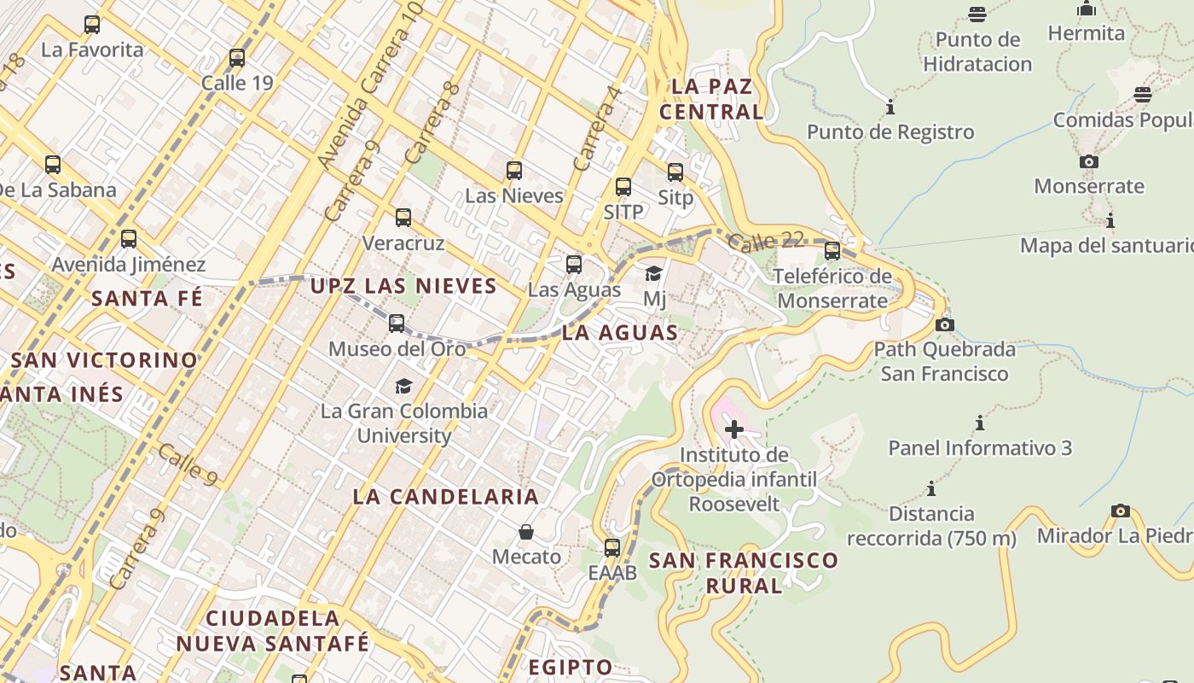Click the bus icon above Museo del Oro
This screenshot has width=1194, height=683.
[x=397, y=324]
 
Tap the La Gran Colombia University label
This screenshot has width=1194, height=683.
[x=404, y=423]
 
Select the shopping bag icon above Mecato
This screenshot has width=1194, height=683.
[x=526, y=533]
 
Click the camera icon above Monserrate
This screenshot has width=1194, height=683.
[x=1089, y=161]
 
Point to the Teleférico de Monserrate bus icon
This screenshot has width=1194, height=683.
[x=832, y=251]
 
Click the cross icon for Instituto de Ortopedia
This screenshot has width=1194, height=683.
[x=733, y=429]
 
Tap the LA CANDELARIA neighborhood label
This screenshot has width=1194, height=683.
[x=446, y=497]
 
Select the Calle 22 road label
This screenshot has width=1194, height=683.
[x=767, y=242]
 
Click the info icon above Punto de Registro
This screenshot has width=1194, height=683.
[x=890, y=108]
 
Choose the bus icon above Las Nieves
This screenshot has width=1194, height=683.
[x=513, y=171]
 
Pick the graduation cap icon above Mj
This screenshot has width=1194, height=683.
[x=654, y=274]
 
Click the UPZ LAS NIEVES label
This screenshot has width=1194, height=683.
[x=403, y=286]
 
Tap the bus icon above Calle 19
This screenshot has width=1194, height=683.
[x=237, y=58]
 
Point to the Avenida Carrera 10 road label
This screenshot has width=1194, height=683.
[x=370, y=85]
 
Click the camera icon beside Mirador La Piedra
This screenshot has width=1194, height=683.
[x=1121, y=511]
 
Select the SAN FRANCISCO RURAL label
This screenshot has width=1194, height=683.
[x=744, y=573]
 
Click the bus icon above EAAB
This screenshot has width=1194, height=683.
[x=612, y=548]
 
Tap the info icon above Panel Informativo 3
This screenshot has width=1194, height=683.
[x=980, y=423]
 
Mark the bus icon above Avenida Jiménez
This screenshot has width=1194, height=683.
[x=129, y=239]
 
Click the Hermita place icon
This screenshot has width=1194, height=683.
[x=1087, y=9]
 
